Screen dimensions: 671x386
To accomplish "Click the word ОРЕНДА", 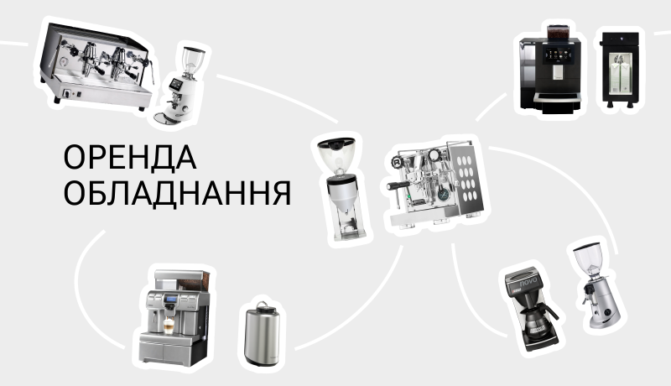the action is click(x=130, y=158).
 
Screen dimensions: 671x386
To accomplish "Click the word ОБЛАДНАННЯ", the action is click(x=178, y=193).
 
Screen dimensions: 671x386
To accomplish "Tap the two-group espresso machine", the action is click(x=96, y=65).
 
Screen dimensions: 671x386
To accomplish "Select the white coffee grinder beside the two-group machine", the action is click(x=179, y=84).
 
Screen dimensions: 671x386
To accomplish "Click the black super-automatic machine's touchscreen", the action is click(x=558, y=55).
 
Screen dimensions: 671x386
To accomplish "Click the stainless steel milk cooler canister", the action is click(x=262, y=334).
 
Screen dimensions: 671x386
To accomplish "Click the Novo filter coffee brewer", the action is click(x=531, y=307).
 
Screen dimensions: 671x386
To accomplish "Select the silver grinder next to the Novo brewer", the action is click(x=596, y=285).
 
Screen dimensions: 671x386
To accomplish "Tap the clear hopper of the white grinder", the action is click(x=192, y=61).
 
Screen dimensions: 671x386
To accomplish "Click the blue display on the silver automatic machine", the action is click(x=172, y=299).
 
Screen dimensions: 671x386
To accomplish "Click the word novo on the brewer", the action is click(x=528, y=283).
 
